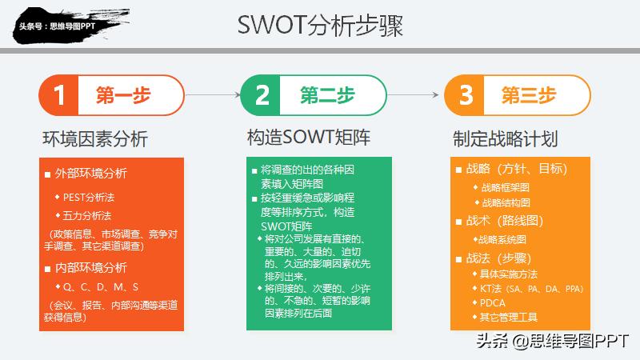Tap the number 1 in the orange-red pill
[x=59, y=95]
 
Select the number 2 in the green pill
[x=262, y=95]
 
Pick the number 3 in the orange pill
[x=466, y=95]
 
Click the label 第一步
[x=122, y=95]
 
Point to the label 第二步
[x=327, y=95]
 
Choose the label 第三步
[x=529, y=95]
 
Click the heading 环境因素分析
[x=95, y=138]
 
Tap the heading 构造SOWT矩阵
[x=309, y=138]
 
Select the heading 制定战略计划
[x=505, y=138]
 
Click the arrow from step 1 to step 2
[x=214, y=95]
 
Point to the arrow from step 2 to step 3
[x=415, y=95]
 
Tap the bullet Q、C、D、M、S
[x=102, y=286]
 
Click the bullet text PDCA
[x=492, y=302]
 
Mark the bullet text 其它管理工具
[x=508, y=317]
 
